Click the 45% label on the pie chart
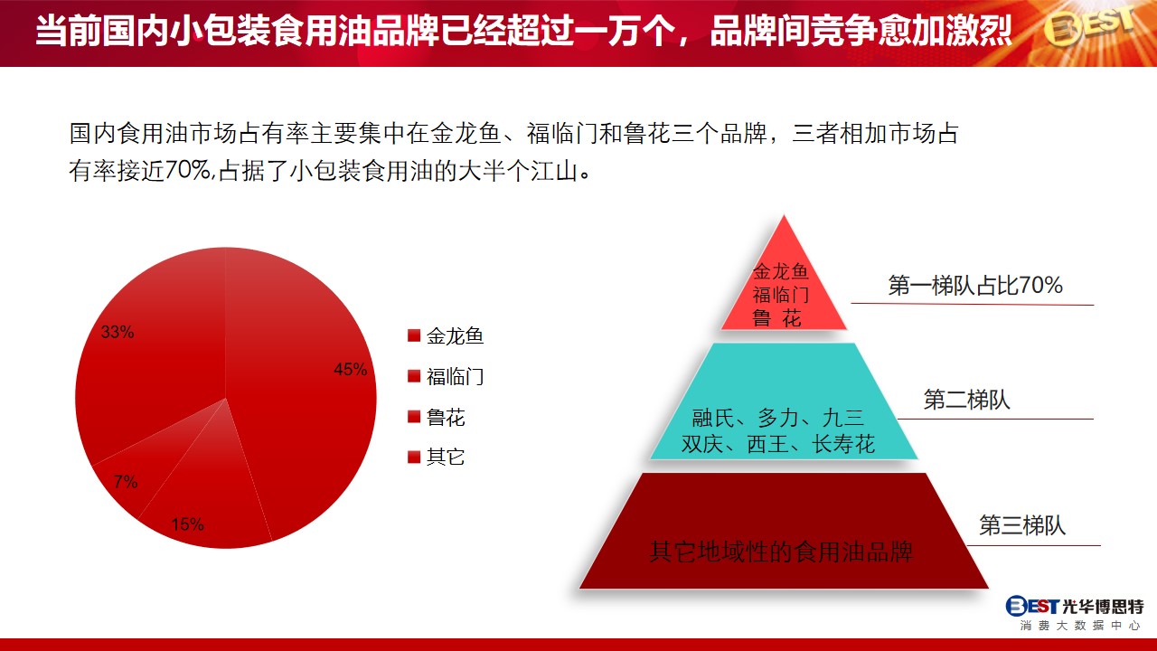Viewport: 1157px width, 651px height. [350, 370]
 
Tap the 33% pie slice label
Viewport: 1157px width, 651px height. [118, 332]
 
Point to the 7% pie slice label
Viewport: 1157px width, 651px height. [126, 482]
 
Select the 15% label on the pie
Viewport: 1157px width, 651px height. [187, 524]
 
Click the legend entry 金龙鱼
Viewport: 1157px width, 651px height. [446, 336]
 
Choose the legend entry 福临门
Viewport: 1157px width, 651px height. [446, 377]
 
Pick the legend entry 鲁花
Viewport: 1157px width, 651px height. [436, 417]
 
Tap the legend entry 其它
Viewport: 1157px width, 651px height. [436, 458]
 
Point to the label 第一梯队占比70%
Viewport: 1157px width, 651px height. [975, 285]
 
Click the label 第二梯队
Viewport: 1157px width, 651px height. [966, 400]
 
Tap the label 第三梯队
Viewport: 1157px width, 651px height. [1022, 525]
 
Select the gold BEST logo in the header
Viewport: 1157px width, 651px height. [1087, 27]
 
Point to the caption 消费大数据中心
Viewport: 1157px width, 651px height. [1079, 626]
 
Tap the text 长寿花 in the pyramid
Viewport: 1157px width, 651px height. [843, 444]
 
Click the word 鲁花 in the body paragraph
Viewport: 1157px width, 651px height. [646, 133]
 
